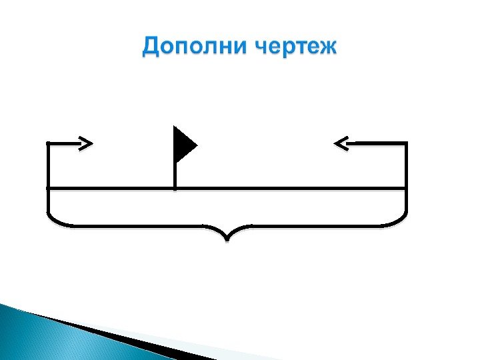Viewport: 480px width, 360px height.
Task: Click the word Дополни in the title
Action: pyautogui.click(x=194, y=48)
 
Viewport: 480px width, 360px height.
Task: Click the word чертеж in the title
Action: pyautogui.click(x=297, y=48)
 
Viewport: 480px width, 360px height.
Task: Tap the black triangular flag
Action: pyautogui.click(x=183, y=144)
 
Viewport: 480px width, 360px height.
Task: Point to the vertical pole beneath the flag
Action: pyautogui.click(x=175, y=175)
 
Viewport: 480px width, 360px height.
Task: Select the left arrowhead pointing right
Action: pyautogui.click(x=85, y=142)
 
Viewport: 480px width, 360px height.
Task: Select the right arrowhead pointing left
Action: pyautogui.click(x=341, y=142)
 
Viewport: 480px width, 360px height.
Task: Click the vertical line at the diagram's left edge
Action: pyautogui.click(x=48, y=167)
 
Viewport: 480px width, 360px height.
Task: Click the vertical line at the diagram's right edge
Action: pyautogui.click(x=406, y=167)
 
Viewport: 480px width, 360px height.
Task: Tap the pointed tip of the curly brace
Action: pyautogui.click(x=227, y=239)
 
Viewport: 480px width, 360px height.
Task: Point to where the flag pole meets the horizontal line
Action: pyautogui.click(x=175, y=189)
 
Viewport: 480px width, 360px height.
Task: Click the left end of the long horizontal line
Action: pyautogui.click(x=49, y=189)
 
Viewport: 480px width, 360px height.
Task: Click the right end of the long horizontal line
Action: pyautogui.click(x=405, y=189)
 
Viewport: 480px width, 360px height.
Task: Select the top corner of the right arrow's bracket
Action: pyautogui.click(x=405, y=143)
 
